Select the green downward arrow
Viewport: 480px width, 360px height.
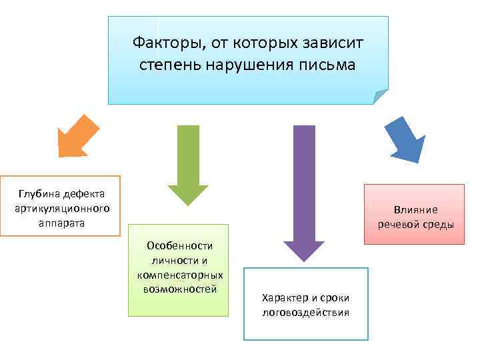click(187, 164)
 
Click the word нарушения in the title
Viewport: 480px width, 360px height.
click(251, 65)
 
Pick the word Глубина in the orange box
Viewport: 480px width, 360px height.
click(40, 194)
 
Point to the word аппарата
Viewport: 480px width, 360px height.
click(61, 222)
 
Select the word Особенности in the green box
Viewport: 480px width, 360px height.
click(179, 246)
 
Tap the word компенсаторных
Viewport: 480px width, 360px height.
click(179, 275)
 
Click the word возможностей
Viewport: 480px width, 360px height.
click(179, 289)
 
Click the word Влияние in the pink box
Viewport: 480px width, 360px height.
click(415, 209)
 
